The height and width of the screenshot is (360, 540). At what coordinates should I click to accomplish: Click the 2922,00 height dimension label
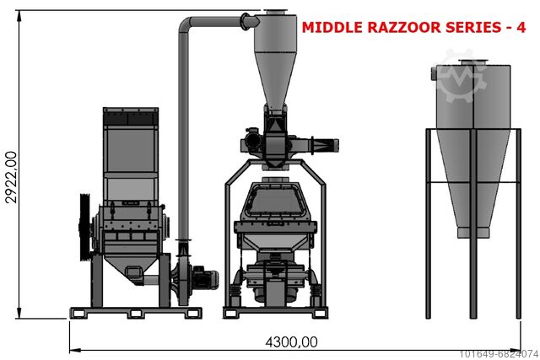tap(11, 178)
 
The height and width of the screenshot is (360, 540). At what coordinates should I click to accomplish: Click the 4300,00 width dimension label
tap(291, 342)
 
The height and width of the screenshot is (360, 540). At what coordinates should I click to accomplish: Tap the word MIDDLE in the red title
tap(332, 27)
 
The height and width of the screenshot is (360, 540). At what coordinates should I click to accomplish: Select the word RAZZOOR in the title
tap(404, 27)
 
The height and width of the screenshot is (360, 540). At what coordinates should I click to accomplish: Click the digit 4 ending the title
tap(521, 27)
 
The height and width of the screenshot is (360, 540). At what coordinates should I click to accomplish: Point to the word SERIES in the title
tap(472, 27)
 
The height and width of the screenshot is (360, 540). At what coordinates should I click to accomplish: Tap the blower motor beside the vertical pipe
tap(206, 277)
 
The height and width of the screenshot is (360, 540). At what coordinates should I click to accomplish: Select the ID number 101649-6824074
tap(499, 353)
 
